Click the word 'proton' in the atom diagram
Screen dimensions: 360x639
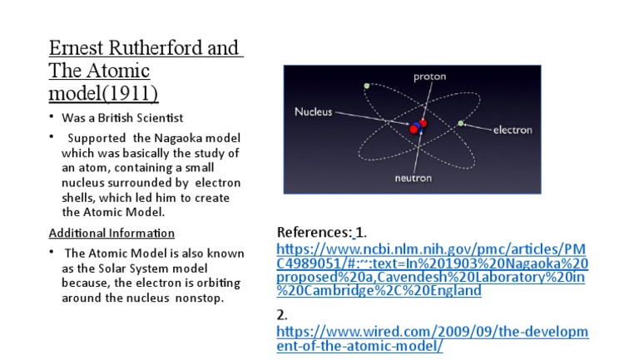point(429,77)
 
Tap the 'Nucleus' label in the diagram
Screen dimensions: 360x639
point(313,111)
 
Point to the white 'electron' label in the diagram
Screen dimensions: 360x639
point(513,130)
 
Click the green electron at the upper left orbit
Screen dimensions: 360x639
point(366,86)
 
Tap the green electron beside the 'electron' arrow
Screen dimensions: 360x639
point(460,124)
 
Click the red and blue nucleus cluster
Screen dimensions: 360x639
point(418,126)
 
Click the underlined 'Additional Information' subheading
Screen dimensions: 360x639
point(111,233)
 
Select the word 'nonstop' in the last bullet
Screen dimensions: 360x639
point(201,298)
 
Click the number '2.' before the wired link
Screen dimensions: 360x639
point(282,315)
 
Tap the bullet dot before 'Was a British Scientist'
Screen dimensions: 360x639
point(52,117)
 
